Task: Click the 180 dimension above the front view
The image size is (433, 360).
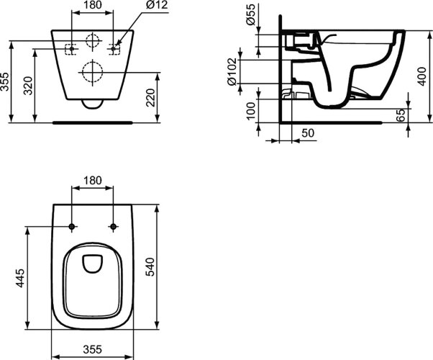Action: click(x=91, y=6)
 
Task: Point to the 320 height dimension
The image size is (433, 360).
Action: click(x=28, y=88)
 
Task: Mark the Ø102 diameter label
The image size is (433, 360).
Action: click(x=232, y=71)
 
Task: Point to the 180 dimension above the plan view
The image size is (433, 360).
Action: click(x=91, y=180)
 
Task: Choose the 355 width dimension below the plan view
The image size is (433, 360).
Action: click(x=91, y=349)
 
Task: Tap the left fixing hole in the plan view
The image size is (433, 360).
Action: click(x=72, y=228)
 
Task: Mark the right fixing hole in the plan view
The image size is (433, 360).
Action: click(x=112, y=228)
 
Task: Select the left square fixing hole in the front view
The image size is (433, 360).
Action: click(x=71, y=48)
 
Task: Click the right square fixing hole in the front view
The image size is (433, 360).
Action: click(x=113, y=48)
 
